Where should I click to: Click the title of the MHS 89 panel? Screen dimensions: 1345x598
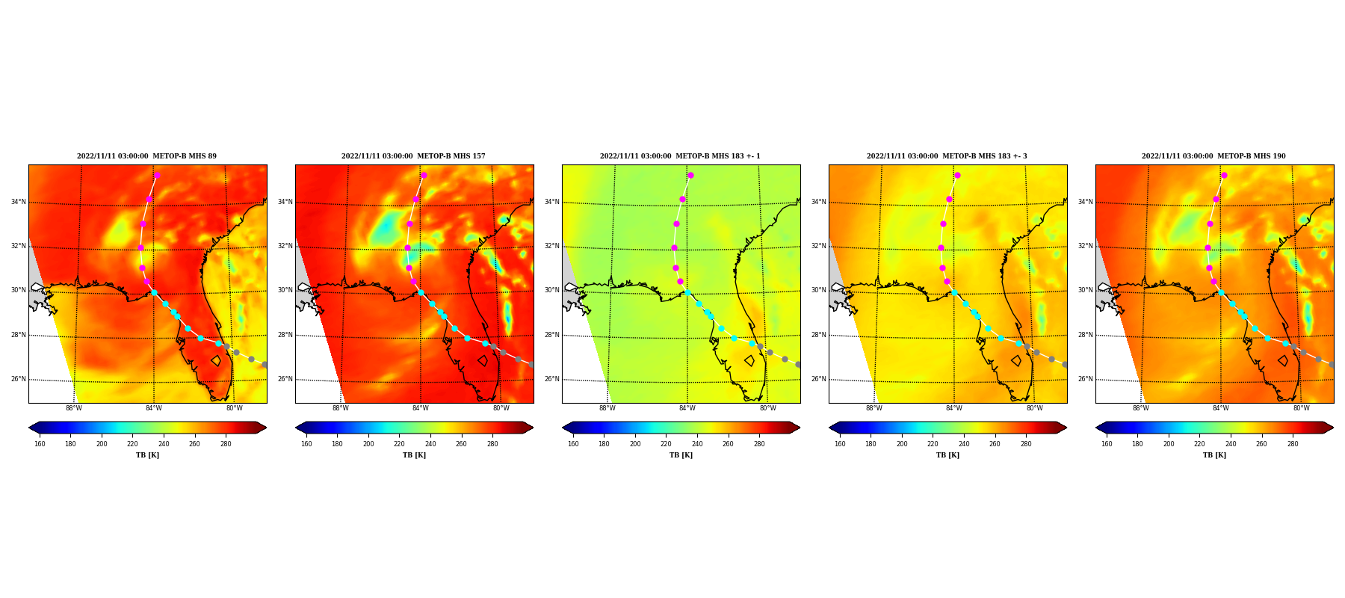click(x=146, y=156)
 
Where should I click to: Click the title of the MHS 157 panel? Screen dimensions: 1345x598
click(x=413, y=156)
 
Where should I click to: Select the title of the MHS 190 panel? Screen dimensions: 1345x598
click(x=1213, y=156)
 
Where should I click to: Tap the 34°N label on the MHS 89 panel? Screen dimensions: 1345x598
click(x=18, y=202)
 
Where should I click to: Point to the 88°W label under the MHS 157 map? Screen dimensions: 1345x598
click(x=341, y=408)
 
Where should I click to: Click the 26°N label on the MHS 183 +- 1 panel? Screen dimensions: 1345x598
click(x=551, y=379)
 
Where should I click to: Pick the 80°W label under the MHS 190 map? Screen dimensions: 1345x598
click(x=1301, y=408)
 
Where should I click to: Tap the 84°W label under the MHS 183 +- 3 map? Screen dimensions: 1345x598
click(x=954, y=408)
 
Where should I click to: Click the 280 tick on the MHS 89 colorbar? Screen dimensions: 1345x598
click(x=226, y=444)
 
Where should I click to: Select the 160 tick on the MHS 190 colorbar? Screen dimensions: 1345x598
click(x=1107, y=444)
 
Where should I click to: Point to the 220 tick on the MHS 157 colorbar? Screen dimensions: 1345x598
click(x=399, y=444)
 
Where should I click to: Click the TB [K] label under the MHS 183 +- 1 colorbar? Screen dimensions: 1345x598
click(x=681, y=455)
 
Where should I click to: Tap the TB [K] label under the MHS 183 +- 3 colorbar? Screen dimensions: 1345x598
click(x=947, y=455)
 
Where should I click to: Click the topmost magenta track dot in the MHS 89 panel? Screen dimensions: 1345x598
click(x=157, y=175)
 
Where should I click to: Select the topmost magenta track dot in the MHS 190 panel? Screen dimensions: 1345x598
click(x=1224, y=175)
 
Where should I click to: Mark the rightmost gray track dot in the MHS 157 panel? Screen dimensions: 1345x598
click(x=531, y=364)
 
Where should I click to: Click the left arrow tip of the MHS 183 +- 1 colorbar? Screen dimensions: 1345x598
click(x=563, y=428)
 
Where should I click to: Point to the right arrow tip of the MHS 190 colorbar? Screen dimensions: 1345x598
click(x=1334, y=428)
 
